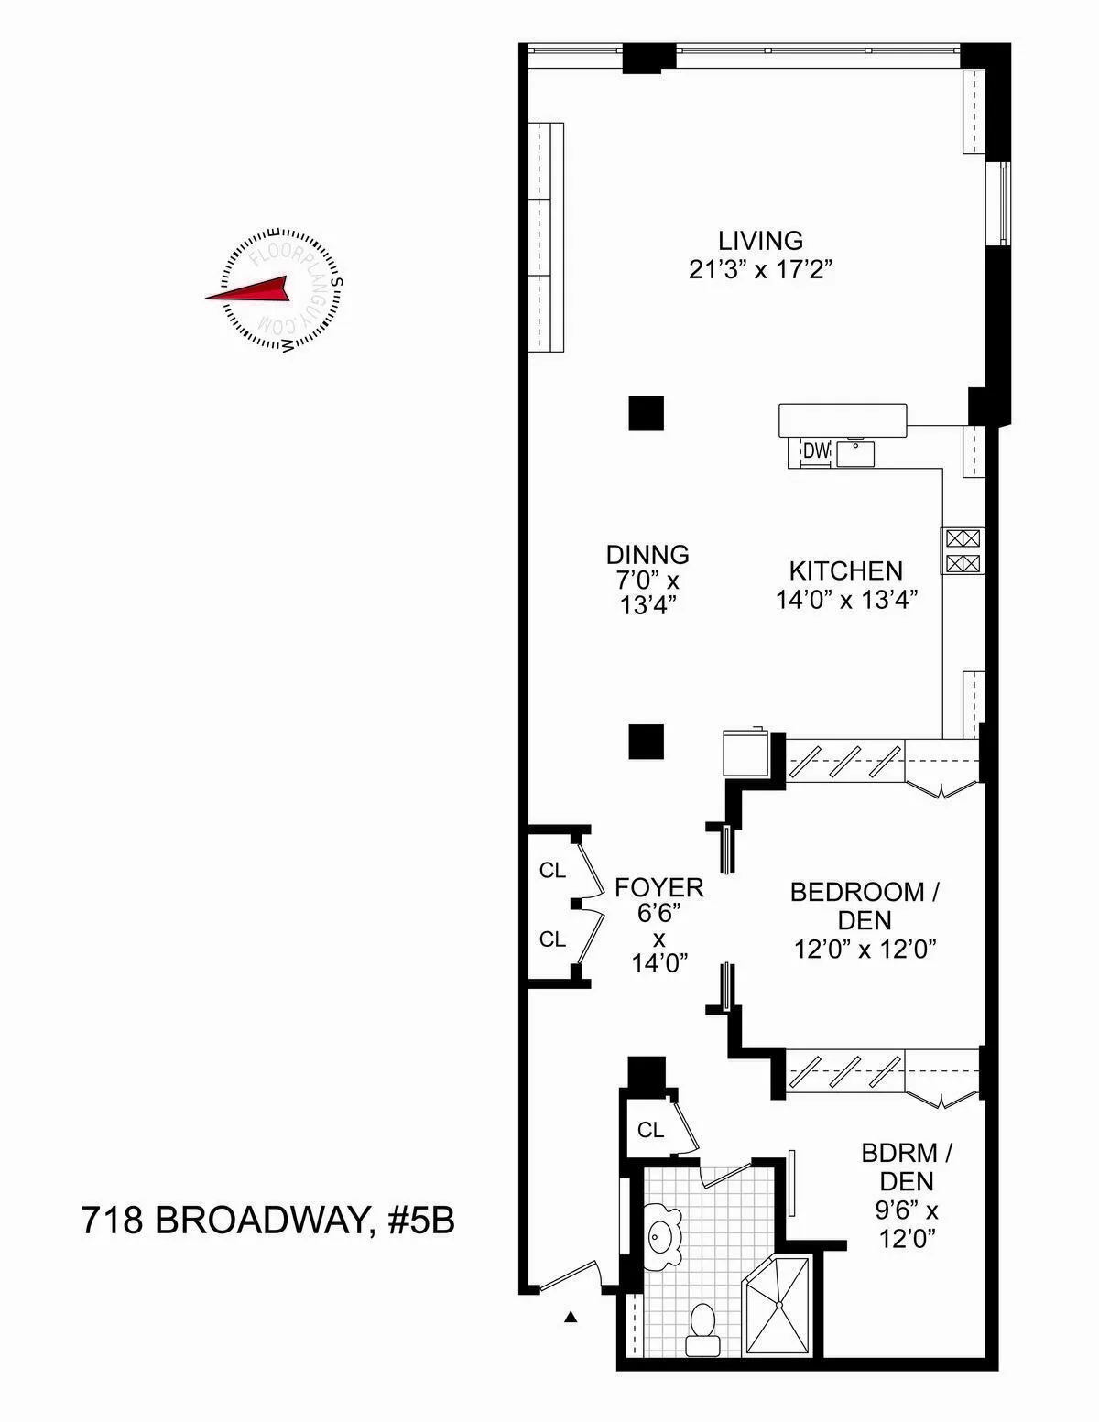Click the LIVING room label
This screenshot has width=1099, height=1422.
pyautogui.click(x=760, y=241)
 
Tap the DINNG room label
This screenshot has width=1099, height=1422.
pyautogui.click(x=647, y=555)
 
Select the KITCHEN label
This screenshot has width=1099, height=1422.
pyautogui.click(x=846, y=571)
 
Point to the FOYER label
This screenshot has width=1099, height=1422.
pyautogui.click(x=659, y=887)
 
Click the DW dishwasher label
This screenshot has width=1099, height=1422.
pyautogui.click(x=815, y=450)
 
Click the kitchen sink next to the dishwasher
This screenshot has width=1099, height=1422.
pyautogui.click(x=854, y=452)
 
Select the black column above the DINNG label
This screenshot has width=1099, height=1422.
pyautogui.click(x=646, y=413)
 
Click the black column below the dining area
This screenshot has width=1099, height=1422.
pyautogui.click(x=646, y=741)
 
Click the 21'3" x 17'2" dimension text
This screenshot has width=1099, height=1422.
pyautogui.click(x=760, y=271)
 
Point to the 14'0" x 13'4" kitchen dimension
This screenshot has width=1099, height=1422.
pyautogui.click(x=846, y=601)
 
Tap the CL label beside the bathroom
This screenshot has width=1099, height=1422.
pyautogui.click(x=650, y=1131)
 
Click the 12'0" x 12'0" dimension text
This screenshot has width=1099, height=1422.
pyautogui.click(x=865, y=950)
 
